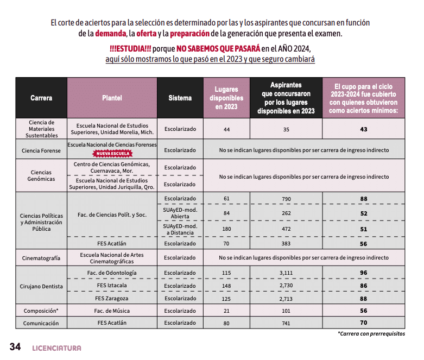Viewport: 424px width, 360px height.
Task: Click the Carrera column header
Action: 41,98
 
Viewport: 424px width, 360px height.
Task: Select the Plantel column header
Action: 112,98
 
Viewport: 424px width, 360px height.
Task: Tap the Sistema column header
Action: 180,98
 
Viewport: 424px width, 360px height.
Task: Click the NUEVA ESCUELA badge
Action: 112,154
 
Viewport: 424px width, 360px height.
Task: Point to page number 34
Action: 15,347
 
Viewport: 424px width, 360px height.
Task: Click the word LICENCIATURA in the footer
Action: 56,348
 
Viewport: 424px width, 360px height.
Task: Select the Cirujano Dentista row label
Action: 41,286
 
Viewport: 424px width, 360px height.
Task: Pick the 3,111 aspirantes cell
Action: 286,273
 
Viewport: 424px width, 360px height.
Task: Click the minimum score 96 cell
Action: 363,273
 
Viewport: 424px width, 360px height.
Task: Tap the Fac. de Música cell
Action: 112,311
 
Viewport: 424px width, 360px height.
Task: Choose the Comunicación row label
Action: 41,324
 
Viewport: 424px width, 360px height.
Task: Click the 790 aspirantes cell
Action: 286,199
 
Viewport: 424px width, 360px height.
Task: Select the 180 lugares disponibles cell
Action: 226,229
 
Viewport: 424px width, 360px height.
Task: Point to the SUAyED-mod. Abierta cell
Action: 180,213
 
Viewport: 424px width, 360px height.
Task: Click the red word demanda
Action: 111,34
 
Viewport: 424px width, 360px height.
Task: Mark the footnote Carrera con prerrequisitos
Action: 371,334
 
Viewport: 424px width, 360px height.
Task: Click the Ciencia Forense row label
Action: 41,150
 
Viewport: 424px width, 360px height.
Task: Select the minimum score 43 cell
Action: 363,130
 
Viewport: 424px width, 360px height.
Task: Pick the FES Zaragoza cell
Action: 112,299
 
